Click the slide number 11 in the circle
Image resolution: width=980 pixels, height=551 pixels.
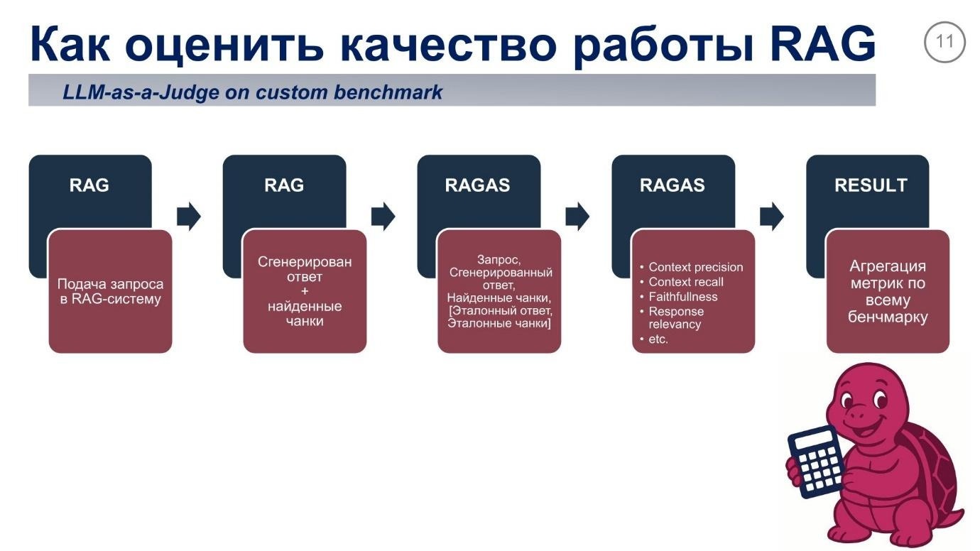coord(944,42)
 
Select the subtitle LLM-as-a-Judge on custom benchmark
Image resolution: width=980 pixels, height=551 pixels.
coord(252,92)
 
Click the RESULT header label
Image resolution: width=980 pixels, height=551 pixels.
coord(870,185)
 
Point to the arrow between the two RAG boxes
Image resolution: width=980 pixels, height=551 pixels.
coord(188,216)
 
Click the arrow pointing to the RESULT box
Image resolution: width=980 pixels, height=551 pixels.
coord(771,216)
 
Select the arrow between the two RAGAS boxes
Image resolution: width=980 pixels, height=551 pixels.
coord(577,216)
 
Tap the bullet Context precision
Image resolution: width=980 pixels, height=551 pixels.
coord(695,267)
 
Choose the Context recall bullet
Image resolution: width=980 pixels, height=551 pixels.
coord(685,282)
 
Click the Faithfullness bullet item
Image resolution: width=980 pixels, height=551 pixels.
coord(682,297)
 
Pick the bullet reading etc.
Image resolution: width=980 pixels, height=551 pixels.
coord(658,339)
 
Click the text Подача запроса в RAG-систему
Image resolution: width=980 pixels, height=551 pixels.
coord(110,291)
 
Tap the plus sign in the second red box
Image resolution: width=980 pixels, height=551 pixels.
coord(305,292)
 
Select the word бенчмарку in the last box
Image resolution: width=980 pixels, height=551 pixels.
coord(888,317)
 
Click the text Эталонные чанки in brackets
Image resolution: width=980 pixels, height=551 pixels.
coord(499,323)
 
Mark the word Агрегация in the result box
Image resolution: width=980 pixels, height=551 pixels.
coord(888,266)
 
